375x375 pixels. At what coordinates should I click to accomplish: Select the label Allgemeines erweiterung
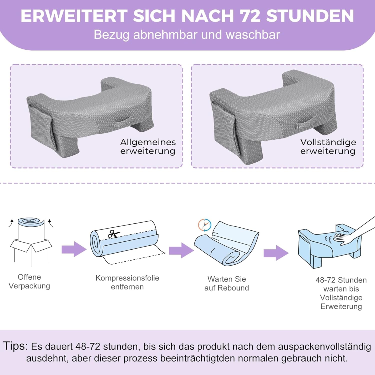[148, 146]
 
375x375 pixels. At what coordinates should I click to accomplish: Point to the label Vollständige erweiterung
[328, 146]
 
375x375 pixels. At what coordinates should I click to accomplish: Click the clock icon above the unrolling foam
[205, 225]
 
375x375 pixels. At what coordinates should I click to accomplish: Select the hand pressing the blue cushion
[355, 234]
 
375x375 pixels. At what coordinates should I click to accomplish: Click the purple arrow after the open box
[74, 249]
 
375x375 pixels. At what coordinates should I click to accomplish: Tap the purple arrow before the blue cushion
[276, 253]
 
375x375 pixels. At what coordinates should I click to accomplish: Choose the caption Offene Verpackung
[29, 281]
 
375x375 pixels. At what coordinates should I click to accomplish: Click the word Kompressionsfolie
[127, 278]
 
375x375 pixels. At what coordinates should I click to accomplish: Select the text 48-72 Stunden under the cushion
[341, 280]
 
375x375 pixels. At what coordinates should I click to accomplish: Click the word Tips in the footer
[14, 346]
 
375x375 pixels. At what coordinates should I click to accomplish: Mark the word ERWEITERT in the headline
[74, 16]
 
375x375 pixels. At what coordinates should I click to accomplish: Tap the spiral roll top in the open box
[31, 222]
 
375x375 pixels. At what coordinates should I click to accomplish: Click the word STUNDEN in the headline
[310, 16]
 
